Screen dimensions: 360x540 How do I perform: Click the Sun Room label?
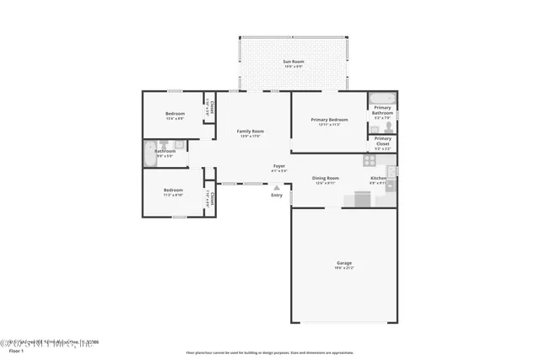[x=293, y=62]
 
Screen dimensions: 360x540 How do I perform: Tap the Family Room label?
[x=250, y=132]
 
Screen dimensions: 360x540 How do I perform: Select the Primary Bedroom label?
[x=328, y=121]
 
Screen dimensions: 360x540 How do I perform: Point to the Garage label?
[x=343, y=263]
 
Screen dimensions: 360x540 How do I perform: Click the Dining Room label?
[x=326, y=178]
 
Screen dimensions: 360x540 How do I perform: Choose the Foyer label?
[x=278, y=166]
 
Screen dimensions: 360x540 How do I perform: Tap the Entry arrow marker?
[x=277, y=187]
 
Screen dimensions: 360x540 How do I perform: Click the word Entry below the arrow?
[x=277, y=196]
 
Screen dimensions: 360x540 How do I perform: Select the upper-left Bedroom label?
[x=175, y=113]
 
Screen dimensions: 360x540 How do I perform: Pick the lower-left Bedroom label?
[x=173, y=191]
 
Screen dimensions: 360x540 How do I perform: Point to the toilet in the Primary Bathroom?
[x=389, y=126]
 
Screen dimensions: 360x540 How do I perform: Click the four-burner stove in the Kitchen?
[x=369, y=159]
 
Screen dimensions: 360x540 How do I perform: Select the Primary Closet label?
[x=383, y=141]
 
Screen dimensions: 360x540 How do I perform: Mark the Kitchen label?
[x=378, y=178]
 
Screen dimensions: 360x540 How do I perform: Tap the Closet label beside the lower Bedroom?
[x=212, y=198]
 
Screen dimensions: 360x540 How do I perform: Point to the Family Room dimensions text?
[x=250, y=137]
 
